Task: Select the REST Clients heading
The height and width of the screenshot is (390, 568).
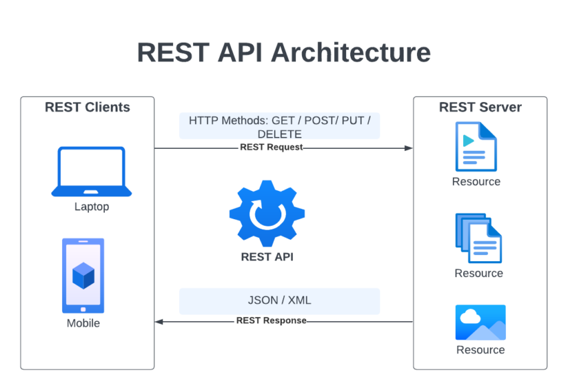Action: [88, 108]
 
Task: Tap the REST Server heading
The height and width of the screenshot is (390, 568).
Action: [480, 108]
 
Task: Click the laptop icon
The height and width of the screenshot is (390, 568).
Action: [92, 172]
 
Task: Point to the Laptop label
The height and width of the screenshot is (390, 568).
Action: [92, 207]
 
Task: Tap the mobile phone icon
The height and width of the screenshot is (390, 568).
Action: [84, 275]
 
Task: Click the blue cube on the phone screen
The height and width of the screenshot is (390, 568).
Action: [84, 275]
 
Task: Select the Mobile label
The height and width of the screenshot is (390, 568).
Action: [84, 323]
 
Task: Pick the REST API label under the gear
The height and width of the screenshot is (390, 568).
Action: [267, 256]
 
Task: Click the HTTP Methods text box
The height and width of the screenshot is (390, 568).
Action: [279, 126]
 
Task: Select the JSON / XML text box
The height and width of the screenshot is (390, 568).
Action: [279, 301]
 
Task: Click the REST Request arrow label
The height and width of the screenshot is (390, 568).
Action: [271, 148]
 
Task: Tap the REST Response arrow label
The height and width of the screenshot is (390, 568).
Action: [271, 321]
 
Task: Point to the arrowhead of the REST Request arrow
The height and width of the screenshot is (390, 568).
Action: [409, 148]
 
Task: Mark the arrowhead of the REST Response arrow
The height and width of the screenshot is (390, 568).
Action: [159, 321]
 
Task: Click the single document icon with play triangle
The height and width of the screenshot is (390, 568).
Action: [476, 146]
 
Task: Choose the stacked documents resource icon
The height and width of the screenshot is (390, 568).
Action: [478, 238]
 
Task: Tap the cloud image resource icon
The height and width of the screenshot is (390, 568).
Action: [480, 323]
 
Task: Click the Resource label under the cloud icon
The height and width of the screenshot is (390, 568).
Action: [480, 350]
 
